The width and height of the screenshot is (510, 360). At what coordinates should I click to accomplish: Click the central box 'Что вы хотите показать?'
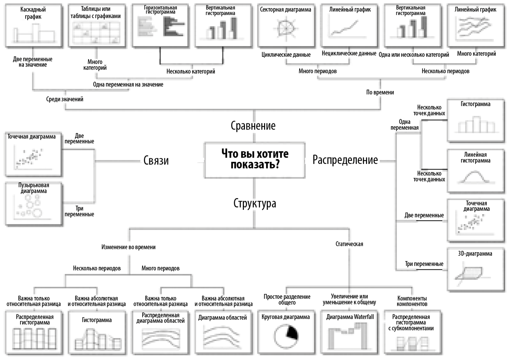click(255, 160)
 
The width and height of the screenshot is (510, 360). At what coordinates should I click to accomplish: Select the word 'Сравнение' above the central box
click(253, 126)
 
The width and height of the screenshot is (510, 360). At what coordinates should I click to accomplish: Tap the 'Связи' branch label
click(156, 161)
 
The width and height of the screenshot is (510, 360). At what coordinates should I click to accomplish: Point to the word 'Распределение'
click(345, 160)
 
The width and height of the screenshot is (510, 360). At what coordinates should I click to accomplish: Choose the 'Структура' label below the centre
click(255, 204)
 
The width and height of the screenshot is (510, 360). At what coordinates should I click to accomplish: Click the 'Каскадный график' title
click(33, 13)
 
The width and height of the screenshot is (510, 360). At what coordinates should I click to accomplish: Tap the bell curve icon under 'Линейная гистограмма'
click(475, 177)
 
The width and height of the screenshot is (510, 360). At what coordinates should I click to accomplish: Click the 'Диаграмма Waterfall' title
click(350, 317)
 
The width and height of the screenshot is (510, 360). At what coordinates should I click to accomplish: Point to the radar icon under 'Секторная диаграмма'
click(286, 28)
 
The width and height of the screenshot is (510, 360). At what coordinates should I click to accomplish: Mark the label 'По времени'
click(380, 92)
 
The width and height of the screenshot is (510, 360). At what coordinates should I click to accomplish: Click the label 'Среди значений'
click(65, 99)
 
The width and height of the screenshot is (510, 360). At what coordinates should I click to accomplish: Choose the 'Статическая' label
click(349, 244)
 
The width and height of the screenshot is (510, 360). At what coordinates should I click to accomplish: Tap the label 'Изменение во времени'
click(129, 247)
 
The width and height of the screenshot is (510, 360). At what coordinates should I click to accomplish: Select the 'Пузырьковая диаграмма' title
click(34, 188)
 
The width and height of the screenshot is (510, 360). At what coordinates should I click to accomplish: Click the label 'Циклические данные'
click(286, 55)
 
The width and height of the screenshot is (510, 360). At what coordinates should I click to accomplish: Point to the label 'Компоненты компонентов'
click(412, 301)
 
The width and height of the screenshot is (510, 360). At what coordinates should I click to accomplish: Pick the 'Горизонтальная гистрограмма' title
click(160, 10)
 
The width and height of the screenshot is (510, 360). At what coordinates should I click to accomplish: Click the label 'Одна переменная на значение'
click(128, 85)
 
